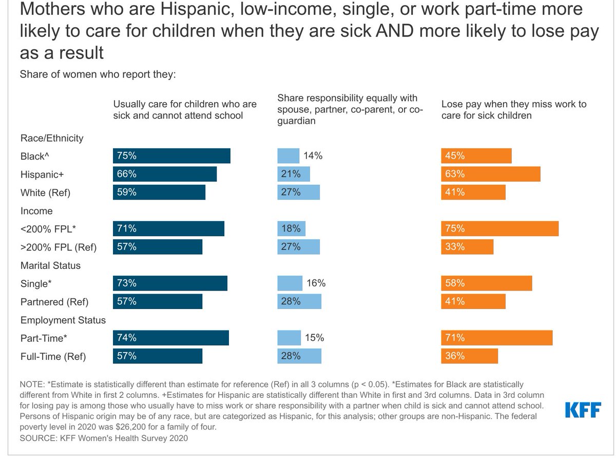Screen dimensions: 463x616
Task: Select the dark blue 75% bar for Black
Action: (x=171, y=156)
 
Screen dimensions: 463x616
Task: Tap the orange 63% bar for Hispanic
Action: (x=491, y=174)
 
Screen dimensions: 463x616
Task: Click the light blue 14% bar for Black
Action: (x=288, y=156)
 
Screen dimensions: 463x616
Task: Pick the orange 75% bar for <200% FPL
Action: (x=500, y=228)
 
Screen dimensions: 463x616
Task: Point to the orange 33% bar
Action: (x=467, y=246)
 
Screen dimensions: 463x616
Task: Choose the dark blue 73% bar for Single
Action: (x=170, y=283)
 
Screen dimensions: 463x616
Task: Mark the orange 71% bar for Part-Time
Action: (x=497, y=338)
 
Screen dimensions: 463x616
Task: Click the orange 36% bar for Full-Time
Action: (x=469, y=356)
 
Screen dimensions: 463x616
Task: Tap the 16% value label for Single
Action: (x=316, y=283)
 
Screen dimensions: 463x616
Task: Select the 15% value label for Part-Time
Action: (x=314, y=338)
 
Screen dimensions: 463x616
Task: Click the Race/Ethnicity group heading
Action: (x=51, y=138)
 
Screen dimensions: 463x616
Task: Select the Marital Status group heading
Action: (x=50, y=265)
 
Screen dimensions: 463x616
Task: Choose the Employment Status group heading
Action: (x=63, y=320)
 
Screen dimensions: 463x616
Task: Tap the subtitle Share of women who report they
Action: (x=98, y=74)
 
